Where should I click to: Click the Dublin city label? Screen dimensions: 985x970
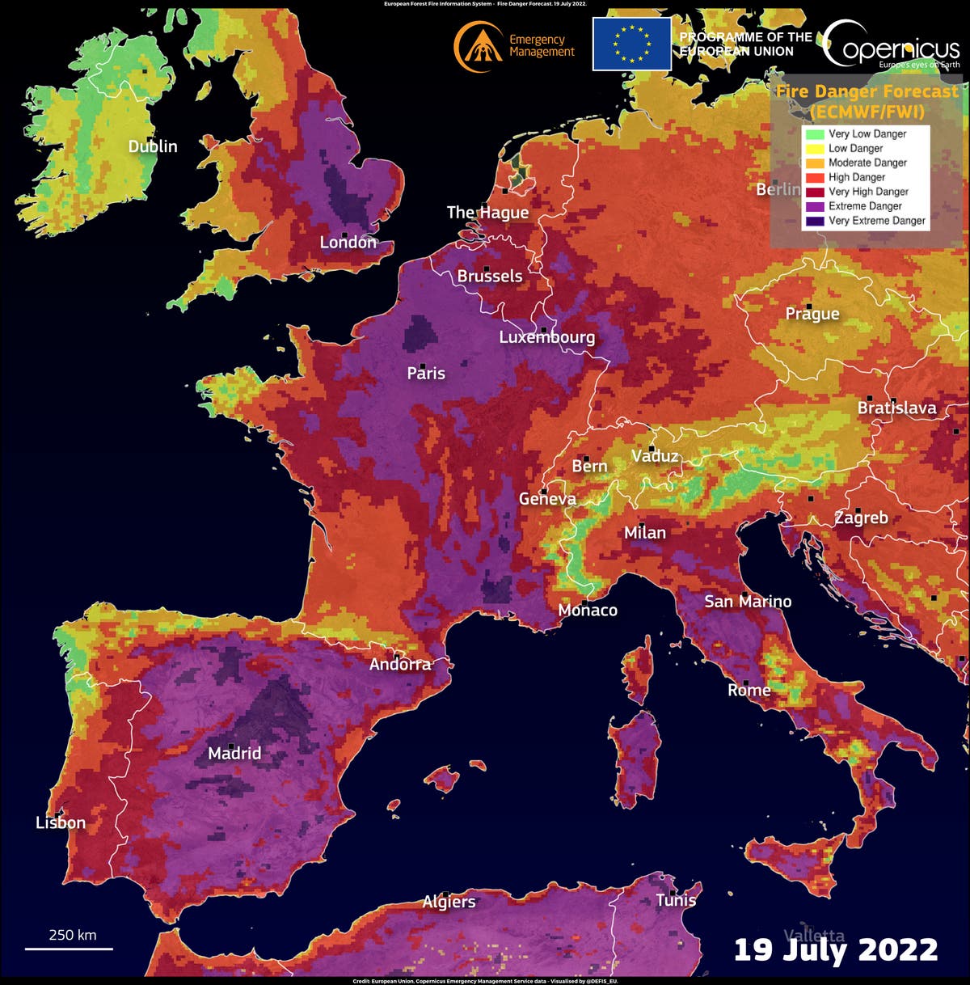coord(153,146)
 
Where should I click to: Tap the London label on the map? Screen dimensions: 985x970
coord(348,243)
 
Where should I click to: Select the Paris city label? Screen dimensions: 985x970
coord(426,373)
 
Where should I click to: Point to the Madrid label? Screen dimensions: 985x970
coord(234,753)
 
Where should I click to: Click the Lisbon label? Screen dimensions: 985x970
coord(61,822)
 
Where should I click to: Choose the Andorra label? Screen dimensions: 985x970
coord(400,664)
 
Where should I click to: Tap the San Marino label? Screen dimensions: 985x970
coord(748,601)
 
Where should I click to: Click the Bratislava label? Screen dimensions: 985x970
coord(896,408)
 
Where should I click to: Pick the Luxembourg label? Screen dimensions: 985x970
coord(546,337)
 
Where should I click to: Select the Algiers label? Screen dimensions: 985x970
coord(449,902)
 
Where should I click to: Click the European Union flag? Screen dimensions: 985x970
coord(631,44)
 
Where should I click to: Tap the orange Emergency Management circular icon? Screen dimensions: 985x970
coord(479,46)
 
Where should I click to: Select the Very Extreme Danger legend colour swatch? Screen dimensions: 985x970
coord(814,221)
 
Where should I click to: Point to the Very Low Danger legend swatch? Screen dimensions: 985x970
coord(814,134)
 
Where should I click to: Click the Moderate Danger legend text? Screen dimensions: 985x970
coord(867,163)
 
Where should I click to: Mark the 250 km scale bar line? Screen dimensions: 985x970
coord(69,949)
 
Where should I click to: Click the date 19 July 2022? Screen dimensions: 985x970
coord(835,949)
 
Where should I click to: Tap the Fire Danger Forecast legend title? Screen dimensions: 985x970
coord(867,101)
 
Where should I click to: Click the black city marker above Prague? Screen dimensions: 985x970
coord(809,306)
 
